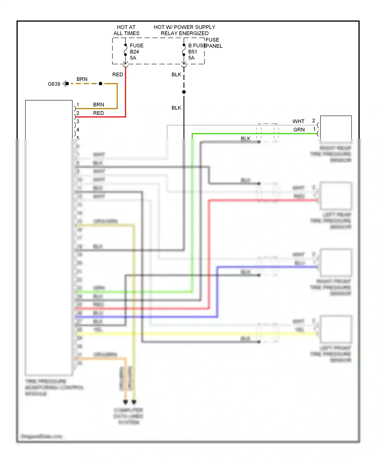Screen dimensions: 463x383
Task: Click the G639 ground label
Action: (54, 84)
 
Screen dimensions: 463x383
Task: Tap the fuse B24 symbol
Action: (125, 50)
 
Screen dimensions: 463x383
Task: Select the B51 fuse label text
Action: (193, 52)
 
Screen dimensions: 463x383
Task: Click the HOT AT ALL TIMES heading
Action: (126, 30)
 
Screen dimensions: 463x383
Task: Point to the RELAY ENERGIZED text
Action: (184, 33)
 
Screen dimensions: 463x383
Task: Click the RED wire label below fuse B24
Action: (117, 75)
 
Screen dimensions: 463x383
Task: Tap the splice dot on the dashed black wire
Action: (184, 92)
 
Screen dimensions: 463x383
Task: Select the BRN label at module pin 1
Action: (98, 105)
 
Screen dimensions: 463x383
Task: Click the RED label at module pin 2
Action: (98, 113)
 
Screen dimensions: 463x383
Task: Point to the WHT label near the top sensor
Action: (298, 121)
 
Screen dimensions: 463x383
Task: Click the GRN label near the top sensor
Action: (299, 130)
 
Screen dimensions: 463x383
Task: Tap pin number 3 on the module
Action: (78, 121)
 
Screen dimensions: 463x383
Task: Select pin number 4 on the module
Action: (78, 130)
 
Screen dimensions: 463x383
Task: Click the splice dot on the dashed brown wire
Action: (100, 83)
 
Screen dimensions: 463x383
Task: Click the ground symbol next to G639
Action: (66, 83)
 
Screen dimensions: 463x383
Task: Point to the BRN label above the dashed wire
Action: (82, 79)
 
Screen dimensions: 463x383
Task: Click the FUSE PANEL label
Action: (213, 43)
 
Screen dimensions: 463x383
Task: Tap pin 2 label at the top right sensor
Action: (314, 120)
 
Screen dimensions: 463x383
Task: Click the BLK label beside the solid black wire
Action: (176, 108)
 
